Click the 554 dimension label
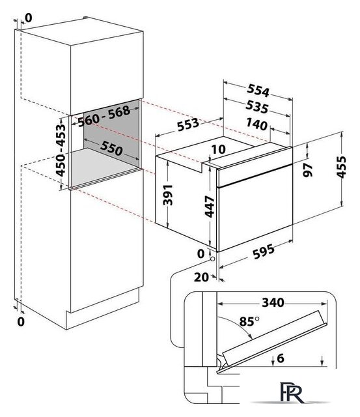pyautogui.click(x=258, y=91)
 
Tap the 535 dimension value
pyautogui.click(x=257, y=107)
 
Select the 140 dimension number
pyautogui.click(x=256, y=124)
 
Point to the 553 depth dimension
pyautogui.click(x=188, y=124)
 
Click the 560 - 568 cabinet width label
pyautogui.click(x=104, y=116)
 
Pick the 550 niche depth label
pyautogui.click(x=111, y=148)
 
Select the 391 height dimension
pyautogui.click(x=168, y=195)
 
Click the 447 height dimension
pyautogui.click(x=210, y=207)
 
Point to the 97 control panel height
pyautogui.click(x=308, y=170)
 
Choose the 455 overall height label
pyautogui.click(x=341, y=167)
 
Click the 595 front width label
pyautogui.click(x=263, y=252)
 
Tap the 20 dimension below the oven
pyautogui.click(x=201, y=278)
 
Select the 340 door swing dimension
pyautogui.click(x=273, y=302)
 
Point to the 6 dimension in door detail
pyautogui.click(x=281, y=358)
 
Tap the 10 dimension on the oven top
pyautogui.click(x=218, y=149)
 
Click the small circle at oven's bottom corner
pyautogui.click(x=212, y=259)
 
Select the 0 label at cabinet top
pyautogui.click(x=29, y=18)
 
